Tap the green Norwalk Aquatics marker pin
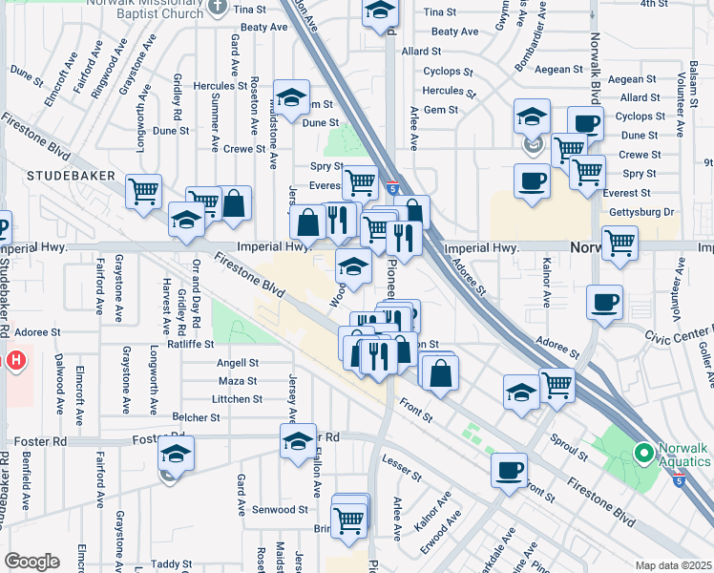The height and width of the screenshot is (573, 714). pos(643,453)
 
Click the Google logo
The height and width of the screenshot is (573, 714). pos(31,562)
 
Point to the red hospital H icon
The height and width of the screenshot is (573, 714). pos(14,361)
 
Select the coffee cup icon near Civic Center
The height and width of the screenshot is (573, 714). pos(604,304)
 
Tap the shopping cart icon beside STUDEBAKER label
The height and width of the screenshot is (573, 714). pos(144,191)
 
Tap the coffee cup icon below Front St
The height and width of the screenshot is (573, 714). pos(511,469)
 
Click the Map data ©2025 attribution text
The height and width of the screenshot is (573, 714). pos(672,565)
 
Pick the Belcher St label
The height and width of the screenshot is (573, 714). pos(198,417)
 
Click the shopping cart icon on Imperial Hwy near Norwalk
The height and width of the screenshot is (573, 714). pos(619,243)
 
